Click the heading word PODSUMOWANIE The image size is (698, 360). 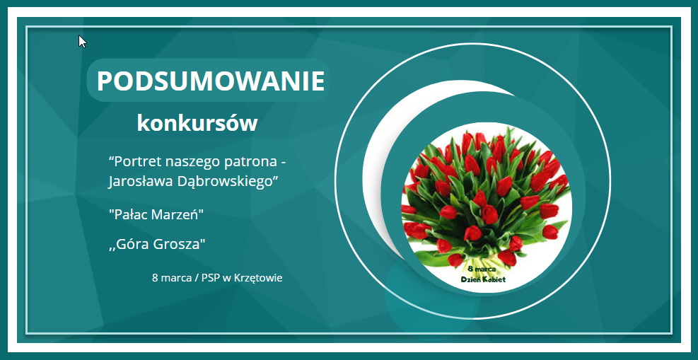(210, 81)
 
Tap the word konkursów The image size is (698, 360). (197, 123)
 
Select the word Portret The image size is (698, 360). (135, 161)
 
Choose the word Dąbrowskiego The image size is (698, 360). (226, 182)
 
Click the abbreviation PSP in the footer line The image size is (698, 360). (211, 278)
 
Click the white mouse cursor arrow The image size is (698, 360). (82, 42)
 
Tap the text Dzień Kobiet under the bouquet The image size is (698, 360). (483, 279)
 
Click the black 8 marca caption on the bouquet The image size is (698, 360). (482, 269)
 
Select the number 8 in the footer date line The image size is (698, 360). (155, 278)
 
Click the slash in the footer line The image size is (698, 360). (197, 279)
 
